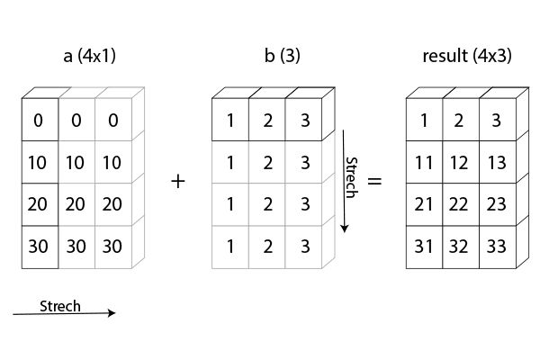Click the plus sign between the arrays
pos(177,181)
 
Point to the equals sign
pos(375,181)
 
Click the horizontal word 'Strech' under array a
pos(60,306)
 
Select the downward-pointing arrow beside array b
pos(344,180)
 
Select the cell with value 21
pos(424,204)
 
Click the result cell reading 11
pos(424,162)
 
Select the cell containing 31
pos(424,246)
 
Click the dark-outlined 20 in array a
pos(40,204)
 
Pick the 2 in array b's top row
pos(267,121)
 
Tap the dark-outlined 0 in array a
pos(40,121)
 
